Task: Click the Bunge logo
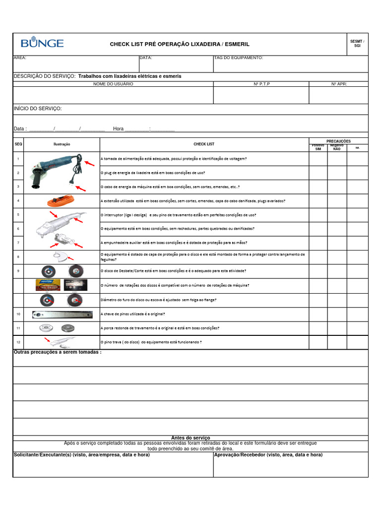coord(42,43)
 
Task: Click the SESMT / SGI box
coord(357,44)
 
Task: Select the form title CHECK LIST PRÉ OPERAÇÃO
coord(180,44)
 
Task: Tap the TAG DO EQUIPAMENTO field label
coord(239,58)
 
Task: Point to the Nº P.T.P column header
coord(261,84)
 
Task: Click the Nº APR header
coord(339,84)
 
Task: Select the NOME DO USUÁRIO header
coord(113,84)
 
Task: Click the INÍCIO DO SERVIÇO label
coord(38,109)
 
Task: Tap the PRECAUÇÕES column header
coord(338,141)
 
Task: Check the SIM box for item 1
coord(318,159)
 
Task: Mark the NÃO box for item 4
coord(337,201)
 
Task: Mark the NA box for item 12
coord(357,342)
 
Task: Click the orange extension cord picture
coord(62,200)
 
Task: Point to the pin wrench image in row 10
coord(62,314)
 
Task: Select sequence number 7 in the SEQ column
coord(18,243)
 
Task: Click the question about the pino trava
coord(151,342)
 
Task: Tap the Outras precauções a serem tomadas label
coord(58,352)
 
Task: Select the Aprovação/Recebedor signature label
coord(268,455)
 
